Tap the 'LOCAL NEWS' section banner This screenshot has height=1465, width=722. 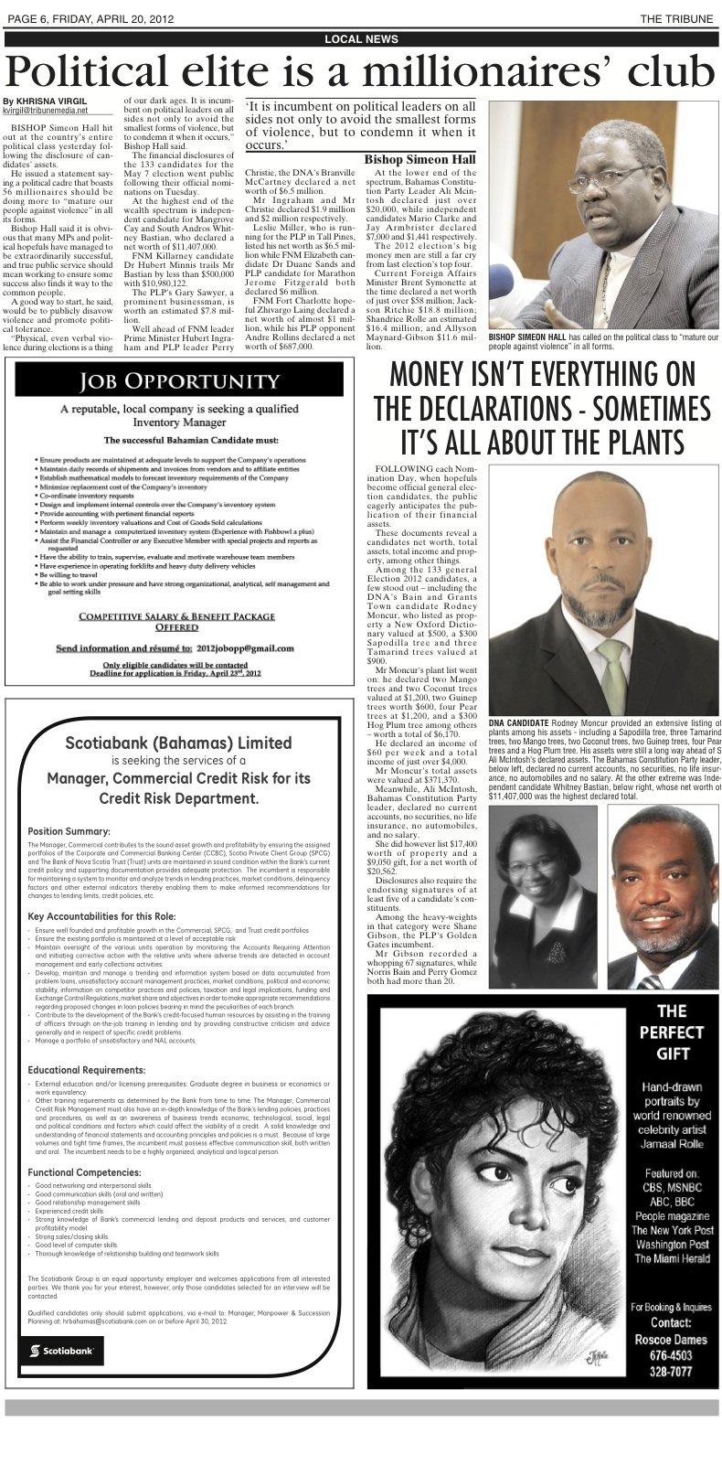tap(362, 39)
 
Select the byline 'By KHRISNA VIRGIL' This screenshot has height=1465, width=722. tap(46, 100)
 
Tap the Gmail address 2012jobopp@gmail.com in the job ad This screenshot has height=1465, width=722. tap(241, 647)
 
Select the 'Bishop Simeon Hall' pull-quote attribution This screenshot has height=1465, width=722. tap(419, 159)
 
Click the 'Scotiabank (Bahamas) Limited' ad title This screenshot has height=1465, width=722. tap(178, 743)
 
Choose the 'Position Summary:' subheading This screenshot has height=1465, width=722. tap(69, 831)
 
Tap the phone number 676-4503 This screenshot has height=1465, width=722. tap(672, 1356)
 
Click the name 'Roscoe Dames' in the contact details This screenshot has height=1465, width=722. tap(672, 1340)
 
